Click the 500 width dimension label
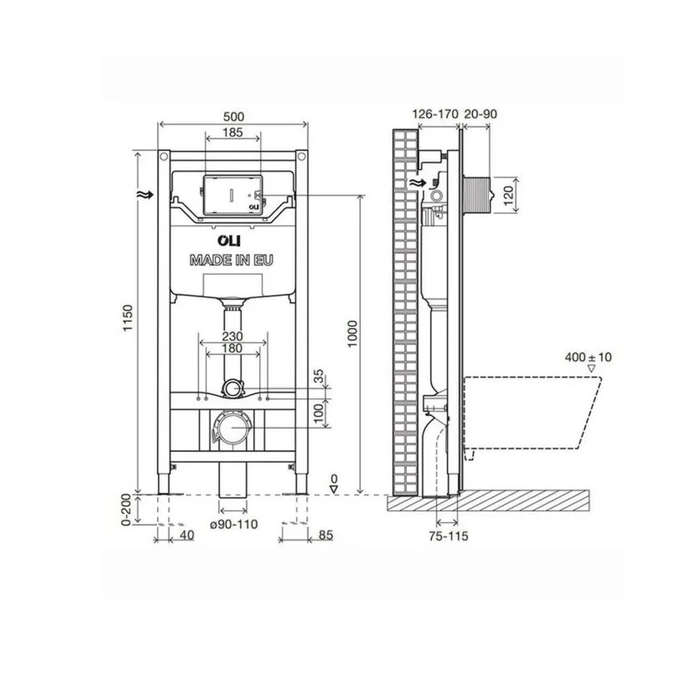coord(233,117)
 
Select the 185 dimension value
coord(233,132)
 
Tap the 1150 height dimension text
coord(128,317)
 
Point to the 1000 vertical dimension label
coord(353,334)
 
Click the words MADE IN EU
coord(231,261)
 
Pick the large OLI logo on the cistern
coord(229,241)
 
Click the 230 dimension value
coord(232,337)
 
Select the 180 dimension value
coord(232,348)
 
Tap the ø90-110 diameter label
coord(234,524)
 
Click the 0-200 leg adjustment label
coord(127,510)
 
